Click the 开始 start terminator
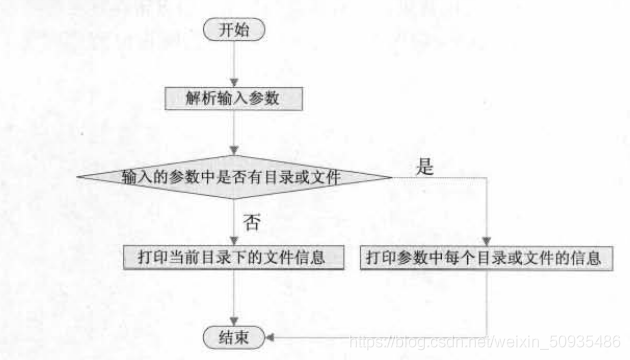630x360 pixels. click(x=233, y=29)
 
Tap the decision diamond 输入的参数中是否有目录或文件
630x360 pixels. click(x=233, y=177)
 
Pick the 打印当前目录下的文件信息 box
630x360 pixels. click(x=232, y=257)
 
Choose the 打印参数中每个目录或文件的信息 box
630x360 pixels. click(x=484, y=257)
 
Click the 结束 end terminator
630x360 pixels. click(x=233, y=337)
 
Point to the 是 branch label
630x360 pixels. click(x=425, y=167)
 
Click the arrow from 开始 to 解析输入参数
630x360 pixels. click(x=233, y=63)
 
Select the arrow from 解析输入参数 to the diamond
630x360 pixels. click(x=233, y=135)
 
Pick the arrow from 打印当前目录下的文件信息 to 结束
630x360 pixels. click(x=233, y=297)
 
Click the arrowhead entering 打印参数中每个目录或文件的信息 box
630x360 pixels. click(x=485, y=240)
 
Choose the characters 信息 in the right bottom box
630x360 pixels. click(x=586, y=257)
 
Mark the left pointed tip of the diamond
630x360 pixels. click(x=79, y=177)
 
